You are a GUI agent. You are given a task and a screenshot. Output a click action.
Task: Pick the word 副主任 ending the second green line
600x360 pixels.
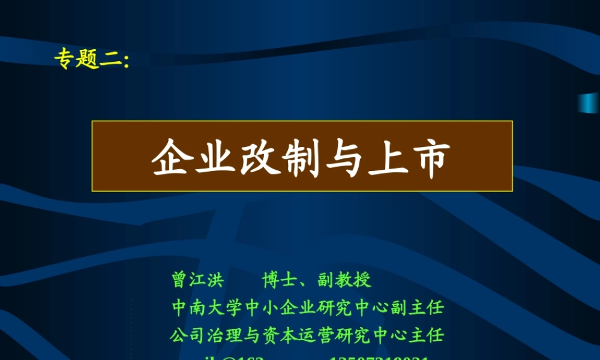[424, 308]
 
